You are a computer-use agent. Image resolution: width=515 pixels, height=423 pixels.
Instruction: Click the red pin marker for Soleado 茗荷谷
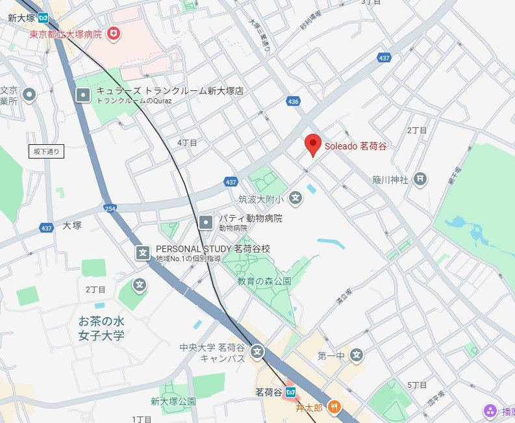pyautogui.click(x=313, y=145)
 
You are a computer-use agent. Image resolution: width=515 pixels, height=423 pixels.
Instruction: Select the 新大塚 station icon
pyautogui.click(x=44, y=18)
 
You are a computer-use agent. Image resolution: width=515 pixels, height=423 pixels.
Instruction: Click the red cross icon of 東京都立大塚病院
pyautogui.click(x=114, y=33)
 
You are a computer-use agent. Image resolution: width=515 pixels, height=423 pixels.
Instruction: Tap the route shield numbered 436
pyautogui.click(x=293, y=101)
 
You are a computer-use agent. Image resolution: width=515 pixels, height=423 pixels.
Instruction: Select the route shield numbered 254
pyautogui.click(x=108, y=208)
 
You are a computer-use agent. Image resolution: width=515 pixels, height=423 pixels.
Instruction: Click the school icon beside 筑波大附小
pyautogui.click(x=296, y=198)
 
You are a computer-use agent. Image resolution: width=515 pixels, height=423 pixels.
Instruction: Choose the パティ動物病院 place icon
pyautogui.click(x=206, y=222)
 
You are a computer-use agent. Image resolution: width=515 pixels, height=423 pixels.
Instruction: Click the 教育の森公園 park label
pyautogui.click(x=264, y=281)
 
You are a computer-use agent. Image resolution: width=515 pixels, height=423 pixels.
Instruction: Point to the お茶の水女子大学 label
pyautogui.click(x=101, y=328)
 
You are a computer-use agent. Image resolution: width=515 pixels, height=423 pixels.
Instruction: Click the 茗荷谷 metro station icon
pyautogui.click(x=291, y=392)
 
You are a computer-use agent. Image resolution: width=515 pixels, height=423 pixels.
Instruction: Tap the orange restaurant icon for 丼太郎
pyautogui.click(x=334, y=407)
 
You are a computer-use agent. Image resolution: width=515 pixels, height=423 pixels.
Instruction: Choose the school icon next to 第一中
pyautogui.click(x=356, y=355)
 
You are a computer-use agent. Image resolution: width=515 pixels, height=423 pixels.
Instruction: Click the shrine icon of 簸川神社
pyautogui.click(x=421, y=179)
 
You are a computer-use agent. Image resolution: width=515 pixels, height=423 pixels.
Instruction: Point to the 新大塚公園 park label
pyautogui.click(x=173, y=401)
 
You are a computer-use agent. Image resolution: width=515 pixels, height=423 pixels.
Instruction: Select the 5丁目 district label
pyautogui.click(x=417, y=385)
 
